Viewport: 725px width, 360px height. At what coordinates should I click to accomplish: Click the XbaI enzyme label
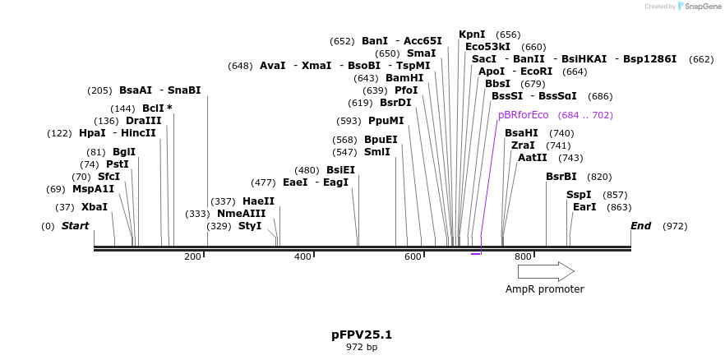94,207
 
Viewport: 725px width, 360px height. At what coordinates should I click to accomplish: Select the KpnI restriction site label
472,35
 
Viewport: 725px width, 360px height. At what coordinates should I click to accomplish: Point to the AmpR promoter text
544,289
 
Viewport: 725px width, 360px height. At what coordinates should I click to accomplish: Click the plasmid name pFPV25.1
362,335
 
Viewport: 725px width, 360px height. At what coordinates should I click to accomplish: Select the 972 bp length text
362,348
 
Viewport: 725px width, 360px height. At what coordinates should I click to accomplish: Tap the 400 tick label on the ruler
302,257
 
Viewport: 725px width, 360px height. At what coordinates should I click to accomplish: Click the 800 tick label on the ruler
523,257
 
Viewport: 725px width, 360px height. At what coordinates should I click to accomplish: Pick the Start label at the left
75,226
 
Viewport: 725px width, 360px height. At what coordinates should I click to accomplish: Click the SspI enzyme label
579,195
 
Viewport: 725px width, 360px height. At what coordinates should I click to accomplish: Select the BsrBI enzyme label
561,177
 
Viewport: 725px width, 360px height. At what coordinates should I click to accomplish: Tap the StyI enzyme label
250,226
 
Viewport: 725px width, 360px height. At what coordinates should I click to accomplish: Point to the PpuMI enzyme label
386,121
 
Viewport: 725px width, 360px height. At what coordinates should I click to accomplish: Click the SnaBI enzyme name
184,90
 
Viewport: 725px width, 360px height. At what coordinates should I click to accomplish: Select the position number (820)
599,177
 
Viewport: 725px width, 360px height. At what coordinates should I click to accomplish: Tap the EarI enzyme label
584,207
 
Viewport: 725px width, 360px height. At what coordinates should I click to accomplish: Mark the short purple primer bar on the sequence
475,254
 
